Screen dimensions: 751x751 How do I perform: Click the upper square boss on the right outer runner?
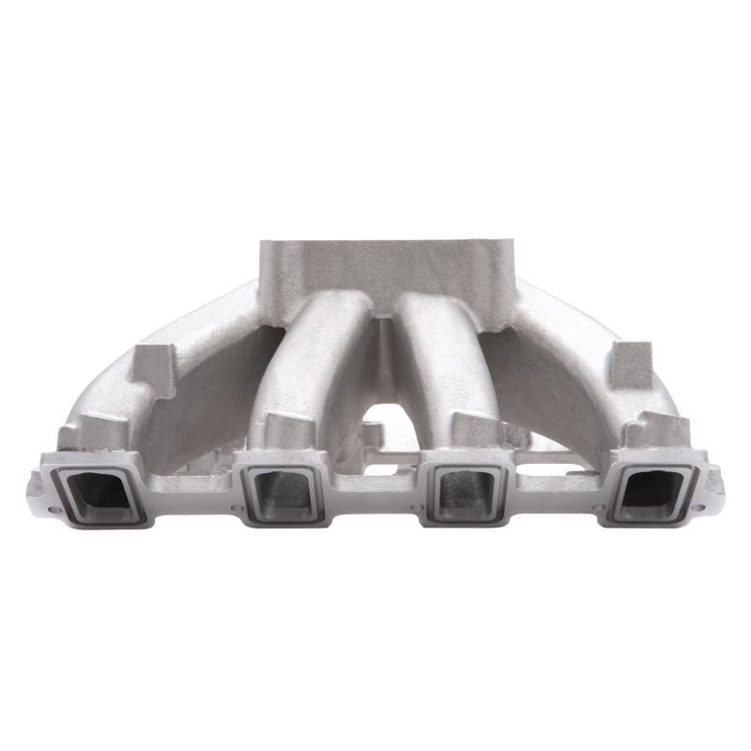pyautogui.click(x=631, y=366)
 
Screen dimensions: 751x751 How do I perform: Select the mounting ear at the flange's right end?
pyautogui.click(x=716, y=484)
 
